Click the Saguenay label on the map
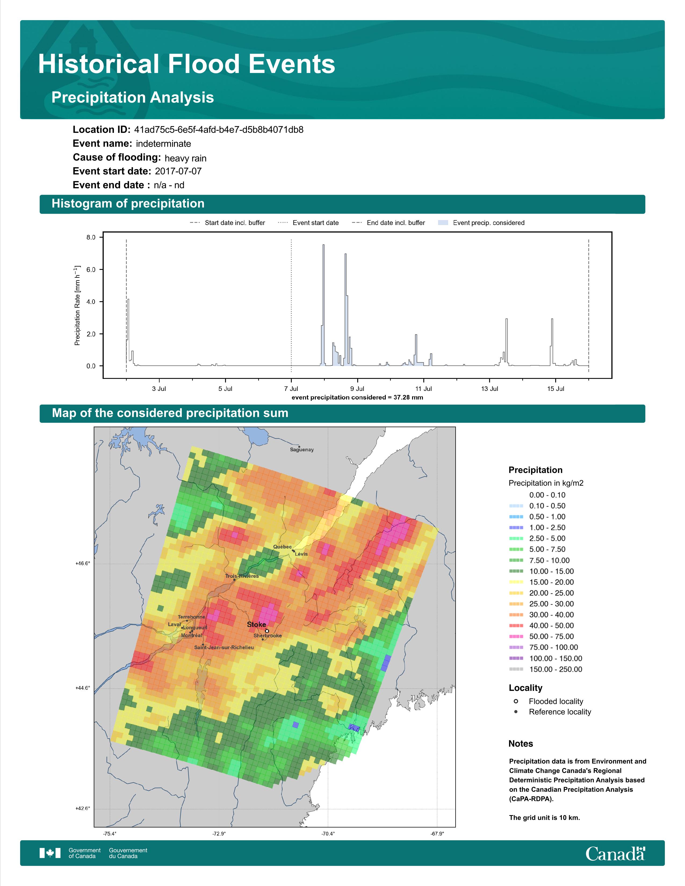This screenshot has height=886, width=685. pyautogui.click(x=301, y=449)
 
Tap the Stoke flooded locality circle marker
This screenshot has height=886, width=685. pyautogui.click(x=267, y=631)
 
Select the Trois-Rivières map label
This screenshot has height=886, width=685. pyautogui.click(x=242, y=576)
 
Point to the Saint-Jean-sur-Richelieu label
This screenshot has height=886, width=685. pyautogui.click(x=224, y=647)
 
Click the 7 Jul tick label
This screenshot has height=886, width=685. pyautogui.click(x=291, y=389)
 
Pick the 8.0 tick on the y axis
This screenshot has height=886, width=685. pyautogui.click(x=91, y=237)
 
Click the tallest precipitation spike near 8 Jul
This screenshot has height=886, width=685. pyautogui.click(x=323, y=305)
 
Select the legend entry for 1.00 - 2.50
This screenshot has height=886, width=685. pyautogui.click(x=537, y=527)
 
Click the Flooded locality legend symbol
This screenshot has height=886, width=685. pyautogui.click(x=516, y=701)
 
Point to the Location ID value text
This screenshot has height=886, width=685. pyautogui.click(x=219, y=130)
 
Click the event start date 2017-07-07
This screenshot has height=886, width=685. pyautogui.click(x=178, y=171)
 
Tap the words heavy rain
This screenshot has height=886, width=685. pyautogui.click(x=185, y=158)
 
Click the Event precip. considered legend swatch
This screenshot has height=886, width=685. pyautogui.click(x=443, y=223)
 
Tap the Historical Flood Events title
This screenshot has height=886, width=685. pyautogui.click(x=187, y=64)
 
